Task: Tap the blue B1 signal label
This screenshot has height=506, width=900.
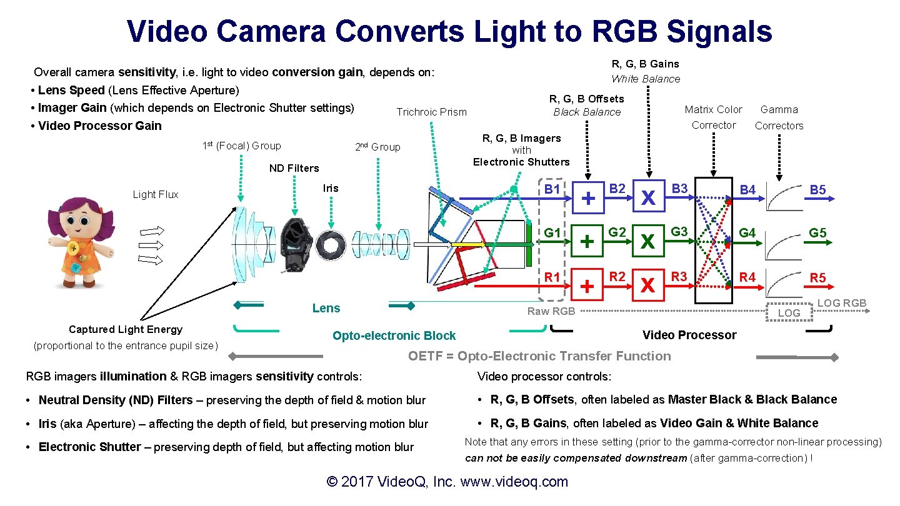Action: click(x=552, y=188)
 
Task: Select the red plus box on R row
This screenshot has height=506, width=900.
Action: click(x=587, y=285)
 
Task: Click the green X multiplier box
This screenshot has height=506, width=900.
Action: click(x=648, y=241)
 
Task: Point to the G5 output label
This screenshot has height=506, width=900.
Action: click(x=817, y=233)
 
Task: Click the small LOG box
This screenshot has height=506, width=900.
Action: click(x=789, y=313)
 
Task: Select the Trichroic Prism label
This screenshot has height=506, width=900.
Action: click(x=431, y=112)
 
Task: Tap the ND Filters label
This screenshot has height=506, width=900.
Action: click(x=294, y=168)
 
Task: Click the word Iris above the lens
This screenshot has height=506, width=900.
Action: click(x=331, y=188)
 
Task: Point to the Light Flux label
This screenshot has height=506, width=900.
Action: click(x=156, y=194)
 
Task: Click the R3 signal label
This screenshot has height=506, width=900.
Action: click(x=679, y=276)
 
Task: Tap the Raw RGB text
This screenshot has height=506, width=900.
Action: click(x=551, y=311)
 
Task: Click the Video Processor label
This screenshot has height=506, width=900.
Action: click(x=689, y=335)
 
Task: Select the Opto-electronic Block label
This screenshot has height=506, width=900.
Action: click(x=394, y=335)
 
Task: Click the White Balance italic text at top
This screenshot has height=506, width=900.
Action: click(x=645, y=79)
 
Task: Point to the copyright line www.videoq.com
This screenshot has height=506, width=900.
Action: click(x=447, y=482)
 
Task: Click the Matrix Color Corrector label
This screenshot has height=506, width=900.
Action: click(x=713, y=117)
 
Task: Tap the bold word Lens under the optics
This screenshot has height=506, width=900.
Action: click(x=326, y=308)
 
